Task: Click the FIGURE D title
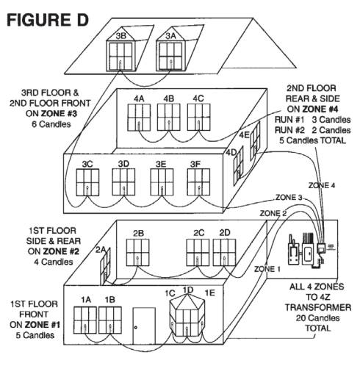point(48,20)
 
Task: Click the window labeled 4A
point(139,118)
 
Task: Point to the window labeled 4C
point(198,118)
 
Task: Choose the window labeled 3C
point(87,182)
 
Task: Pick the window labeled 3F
point(198,182)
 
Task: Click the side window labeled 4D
point(238,165)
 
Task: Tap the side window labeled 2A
point(105,267)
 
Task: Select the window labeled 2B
point(137,253)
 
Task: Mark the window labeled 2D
point(224,253)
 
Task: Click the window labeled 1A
point(85,320)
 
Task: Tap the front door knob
point(136,327)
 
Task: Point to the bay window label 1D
point(188,290)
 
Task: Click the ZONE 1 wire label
point(267,269)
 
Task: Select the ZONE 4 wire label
point(322,185)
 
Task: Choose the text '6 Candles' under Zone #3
point(51,124)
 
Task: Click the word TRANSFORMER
point(318,307)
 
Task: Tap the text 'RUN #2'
point(289,130)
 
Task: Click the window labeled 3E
point(162,182)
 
